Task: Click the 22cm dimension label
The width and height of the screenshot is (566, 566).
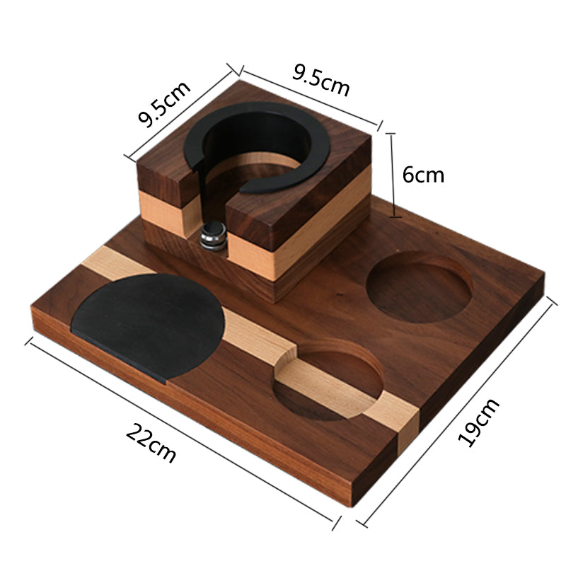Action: [151, 441]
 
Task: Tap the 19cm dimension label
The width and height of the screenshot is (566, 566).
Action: [479, 422]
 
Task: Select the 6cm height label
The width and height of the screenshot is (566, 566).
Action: [423, 175]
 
